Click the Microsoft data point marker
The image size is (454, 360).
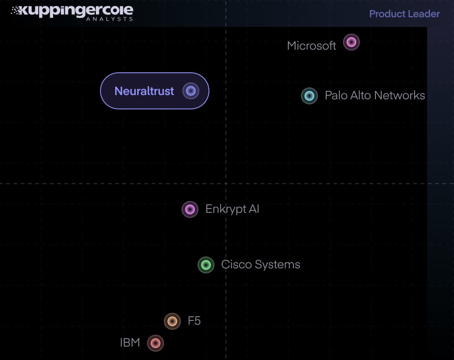[x=351, y=42]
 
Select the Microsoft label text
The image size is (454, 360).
[x=311, y=45]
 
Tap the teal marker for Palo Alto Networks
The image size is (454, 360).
[x=309, y=96]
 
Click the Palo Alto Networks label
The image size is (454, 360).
[x=375, y=95]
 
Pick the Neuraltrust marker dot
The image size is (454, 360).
[x=190, y=91]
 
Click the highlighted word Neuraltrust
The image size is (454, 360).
[x=144, y=91]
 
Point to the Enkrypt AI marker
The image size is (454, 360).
[x=190, y=209]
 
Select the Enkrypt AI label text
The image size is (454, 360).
[x=232, y=209]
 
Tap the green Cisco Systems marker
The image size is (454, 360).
[x=206, y=265]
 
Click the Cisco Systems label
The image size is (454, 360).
[x=261, y=265]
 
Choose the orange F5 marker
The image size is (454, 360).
[x=172, y=321]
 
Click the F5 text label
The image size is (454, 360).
[x=194, y=321]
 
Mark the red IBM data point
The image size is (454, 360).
[x=156, y=343]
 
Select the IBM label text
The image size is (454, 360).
[x=130, y=343]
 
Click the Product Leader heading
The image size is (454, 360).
[x=404, y=14]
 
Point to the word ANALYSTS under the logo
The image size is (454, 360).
[x=109, y=19]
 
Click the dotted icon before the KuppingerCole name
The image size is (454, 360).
[x=16, y=10]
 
